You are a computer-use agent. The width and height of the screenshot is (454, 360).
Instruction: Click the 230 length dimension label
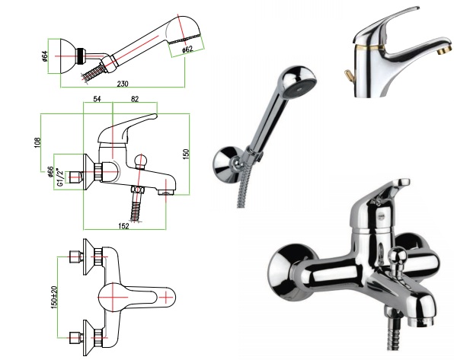pyautogui.click(x=123, y=84)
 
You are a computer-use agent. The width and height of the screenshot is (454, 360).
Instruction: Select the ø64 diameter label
pyautogui.click(x=44, y=56)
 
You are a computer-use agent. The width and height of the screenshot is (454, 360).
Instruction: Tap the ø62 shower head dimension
pyautogui.click(x=187, y=49)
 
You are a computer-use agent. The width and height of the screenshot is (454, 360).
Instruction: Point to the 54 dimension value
pyautogui.click(x=97, y=99)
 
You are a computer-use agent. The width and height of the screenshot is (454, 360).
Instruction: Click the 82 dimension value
pyautogui.click(x=135, y=99)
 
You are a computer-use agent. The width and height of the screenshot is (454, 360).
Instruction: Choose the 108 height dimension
pyautogui.click(x=37, y=142)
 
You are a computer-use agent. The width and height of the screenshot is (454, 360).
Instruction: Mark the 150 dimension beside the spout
pyautogui.click(x=186, y=154)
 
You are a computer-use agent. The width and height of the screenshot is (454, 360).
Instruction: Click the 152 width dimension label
pyautogui.click(x=123, y=226)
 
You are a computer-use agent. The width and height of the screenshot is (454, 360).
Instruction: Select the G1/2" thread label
pyautogui.click(x=60, y=177)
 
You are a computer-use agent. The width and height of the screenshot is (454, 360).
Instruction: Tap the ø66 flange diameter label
pyautogui.click(x=50, y=172)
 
